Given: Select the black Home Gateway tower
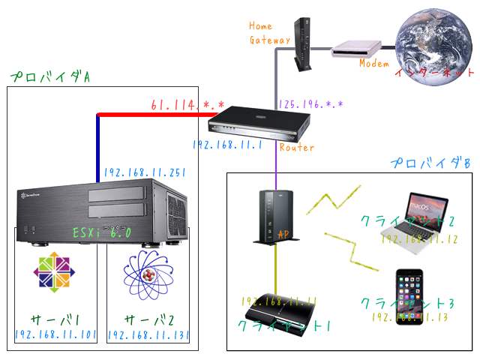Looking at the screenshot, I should tap(304, 43).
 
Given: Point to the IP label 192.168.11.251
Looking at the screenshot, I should tap(145, 172).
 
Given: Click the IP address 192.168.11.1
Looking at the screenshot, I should tap(226, 145).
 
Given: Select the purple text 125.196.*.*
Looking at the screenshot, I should tap(312, 104).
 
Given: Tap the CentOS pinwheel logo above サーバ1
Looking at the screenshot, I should tap(55, 274).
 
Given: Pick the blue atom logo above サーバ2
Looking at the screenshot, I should tap(148, 274).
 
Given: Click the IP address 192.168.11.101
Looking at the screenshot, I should tap(55, 335).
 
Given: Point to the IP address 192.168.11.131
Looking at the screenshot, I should tap(149, 335).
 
